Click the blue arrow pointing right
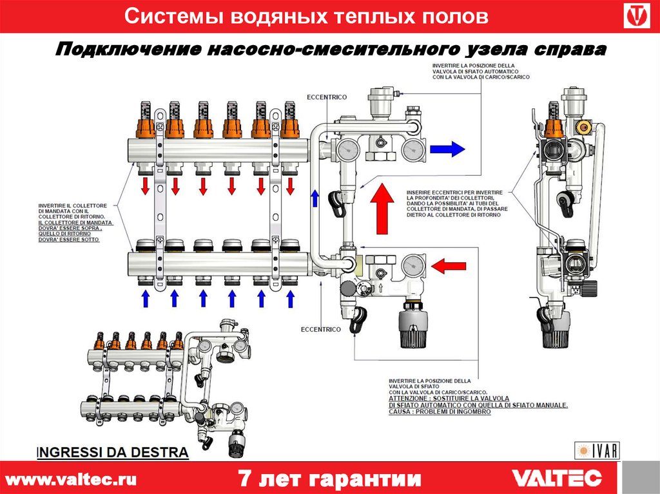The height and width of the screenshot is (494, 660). (x=449, y=149)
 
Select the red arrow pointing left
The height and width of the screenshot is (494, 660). (x=447, y=265)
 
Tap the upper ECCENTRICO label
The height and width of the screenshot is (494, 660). (x=327, y=97)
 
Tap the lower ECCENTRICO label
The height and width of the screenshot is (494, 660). (x=320, y=329)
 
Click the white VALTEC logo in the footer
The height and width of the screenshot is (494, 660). (x=557, y=478)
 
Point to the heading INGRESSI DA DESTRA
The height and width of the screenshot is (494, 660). (x=113, y=452)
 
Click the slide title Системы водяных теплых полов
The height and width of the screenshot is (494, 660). (x=306, y=17)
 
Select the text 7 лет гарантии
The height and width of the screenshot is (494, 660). (x=329, y=479)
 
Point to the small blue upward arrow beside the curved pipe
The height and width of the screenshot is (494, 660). (x=315, y=198)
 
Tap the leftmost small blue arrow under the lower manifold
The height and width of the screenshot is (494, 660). (x=145, y=298)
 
